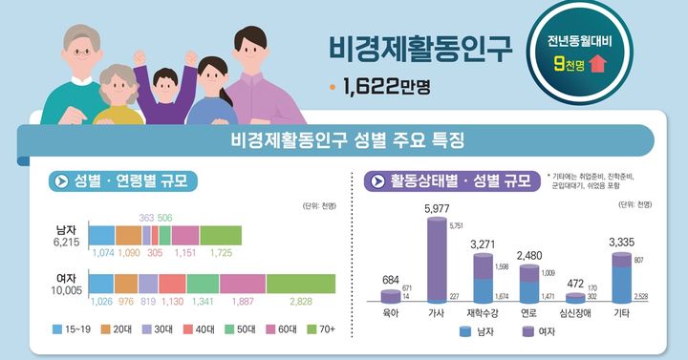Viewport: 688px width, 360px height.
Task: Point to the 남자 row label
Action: coord(67,230)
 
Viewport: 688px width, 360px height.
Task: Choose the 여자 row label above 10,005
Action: coord(67,279)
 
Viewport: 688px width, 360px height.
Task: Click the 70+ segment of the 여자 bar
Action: coord(301,284)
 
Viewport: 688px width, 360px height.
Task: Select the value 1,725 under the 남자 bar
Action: coord(221,253)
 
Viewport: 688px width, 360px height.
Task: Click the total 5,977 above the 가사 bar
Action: coord(437,209)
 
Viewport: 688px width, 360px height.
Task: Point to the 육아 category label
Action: coord(390,312)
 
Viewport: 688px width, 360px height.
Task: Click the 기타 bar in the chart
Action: coord(622,277)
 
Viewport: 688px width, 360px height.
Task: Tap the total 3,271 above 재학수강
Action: coord(484,245)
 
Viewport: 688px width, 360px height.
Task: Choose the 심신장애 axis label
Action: coord(575,312)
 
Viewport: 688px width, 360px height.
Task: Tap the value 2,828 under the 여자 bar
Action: coord(300,302)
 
